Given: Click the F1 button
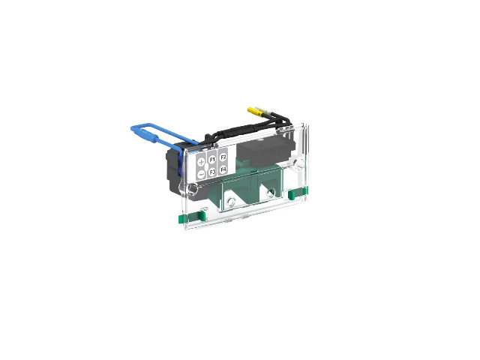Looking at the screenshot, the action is [211, 160].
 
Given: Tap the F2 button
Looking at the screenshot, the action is [223, 157].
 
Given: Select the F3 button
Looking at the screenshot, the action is [212, 172].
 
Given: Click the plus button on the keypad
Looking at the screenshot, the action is [201, 162].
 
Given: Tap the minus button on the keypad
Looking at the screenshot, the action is [201, 175].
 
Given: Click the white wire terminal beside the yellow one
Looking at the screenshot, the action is [262, 110].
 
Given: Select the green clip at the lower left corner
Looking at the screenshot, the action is [192, 217].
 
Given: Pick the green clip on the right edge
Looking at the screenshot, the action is [297, 193].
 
